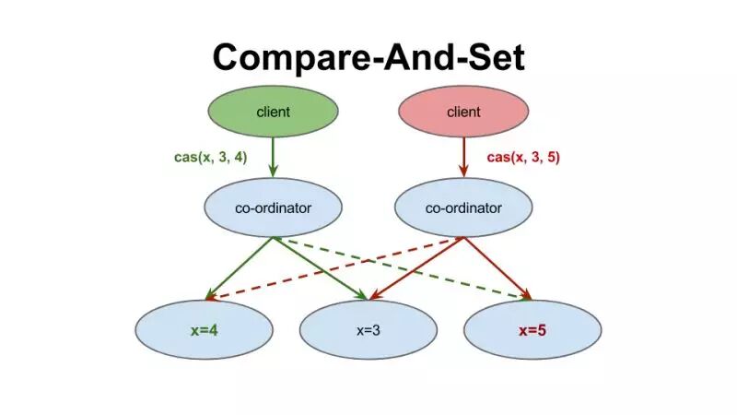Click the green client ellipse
(x=273, y=113)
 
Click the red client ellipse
(x=463, y=113)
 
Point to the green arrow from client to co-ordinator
(x=273, y=157)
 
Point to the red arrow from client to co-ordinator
(x=463, y=157)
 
